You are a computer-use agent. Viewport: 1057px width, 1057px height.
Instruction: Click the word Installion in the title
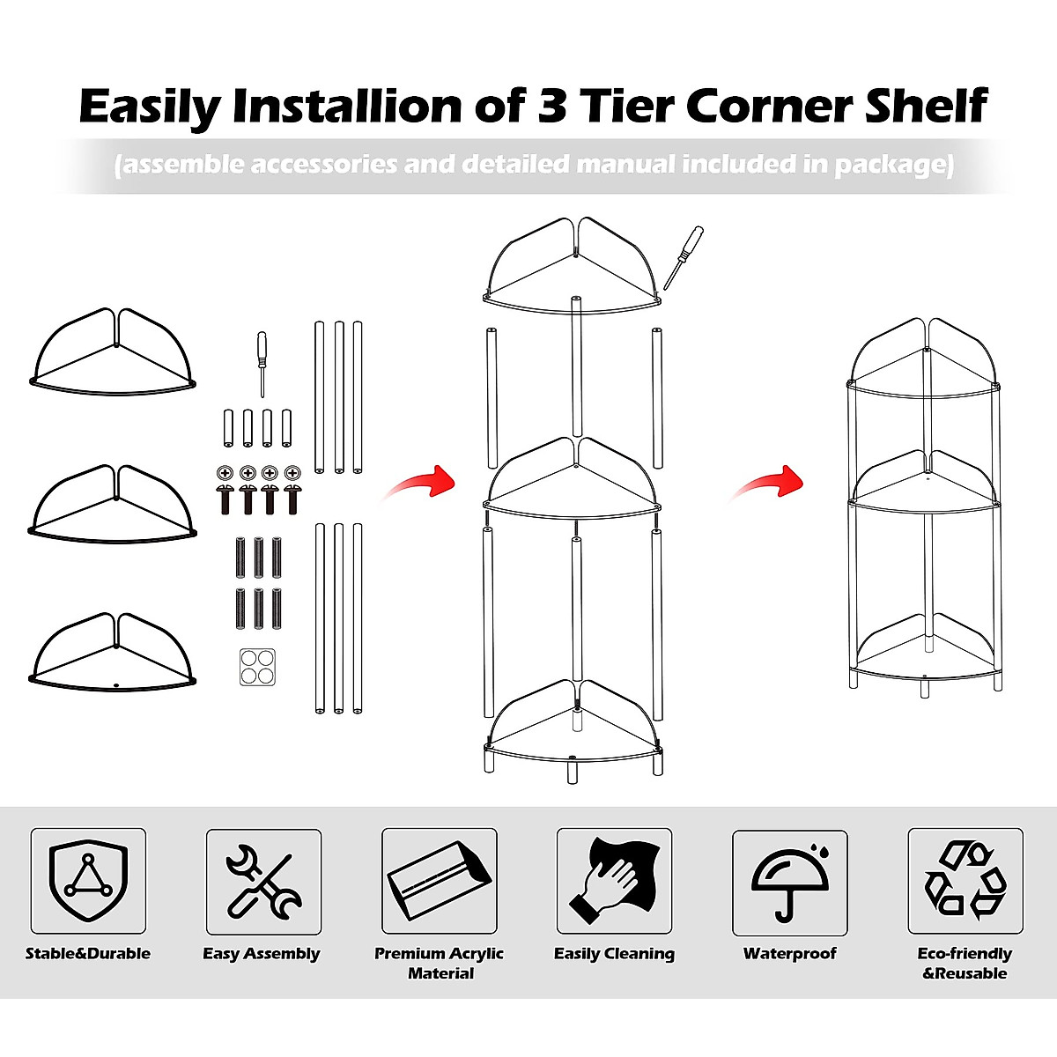point(347,106)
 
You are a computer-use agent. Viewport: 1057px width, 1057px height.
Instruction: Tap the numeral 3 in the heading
point(551,106)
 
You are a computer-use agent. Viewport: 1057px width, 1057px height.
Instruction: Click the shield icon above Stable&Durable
point(88,881)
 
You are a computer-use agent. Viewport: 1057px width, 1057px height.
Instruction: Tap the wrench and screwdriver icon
point(263,881)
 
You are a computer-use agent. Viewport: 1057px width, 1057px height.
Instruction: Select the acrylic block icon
point(439,881)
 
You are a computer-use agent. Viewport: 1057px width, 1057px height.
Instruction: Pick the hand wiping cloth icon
point(614,881)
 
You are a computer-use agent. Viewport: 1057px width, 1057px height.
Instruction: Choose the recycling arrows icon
point(965,881)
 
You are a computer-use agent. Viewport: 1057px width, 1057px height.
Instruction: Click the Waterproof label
point(790,953)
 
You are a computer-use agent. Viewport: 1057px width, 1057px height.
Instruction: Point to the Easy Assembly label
point(262,953)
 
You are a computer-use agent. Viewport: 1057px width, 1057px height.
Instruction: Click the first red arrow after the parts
point(421,483)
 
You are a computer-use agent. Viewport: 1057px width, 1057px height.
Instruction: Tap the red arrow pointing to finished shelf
point(768,483)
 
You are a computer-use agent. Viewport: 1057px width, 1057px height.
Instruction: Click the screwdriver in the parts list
point(262,363)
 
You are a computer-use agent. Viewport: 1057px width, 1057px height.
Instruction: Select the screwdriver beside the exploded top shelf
point(684,256)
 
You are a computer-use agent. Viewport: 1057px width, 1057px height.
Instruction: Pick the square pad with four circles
point(257,667)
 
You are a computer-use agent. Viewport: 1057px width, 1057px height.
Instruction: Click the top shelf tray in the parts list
point(113,352)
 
